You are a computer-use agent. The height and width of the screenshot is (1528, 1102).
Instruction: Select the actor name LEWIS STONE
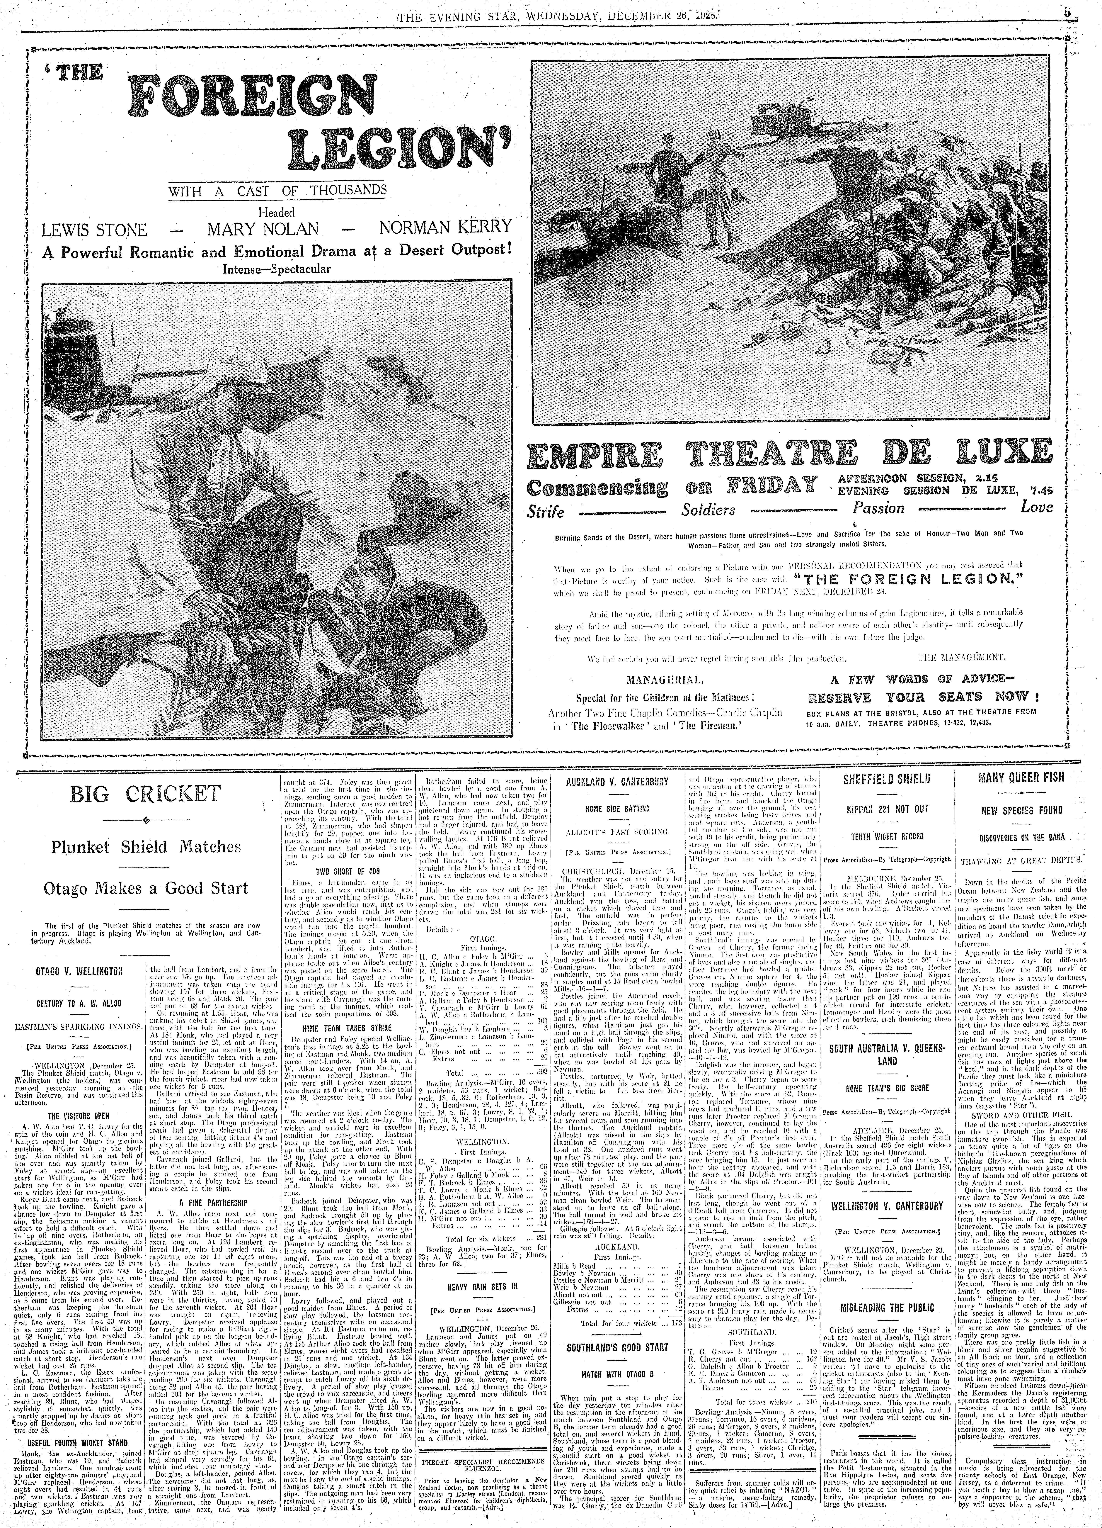pos(94,230)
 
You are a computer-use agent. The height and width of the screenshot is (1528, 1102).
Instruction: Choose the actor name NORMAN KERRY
pos(445,227)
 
